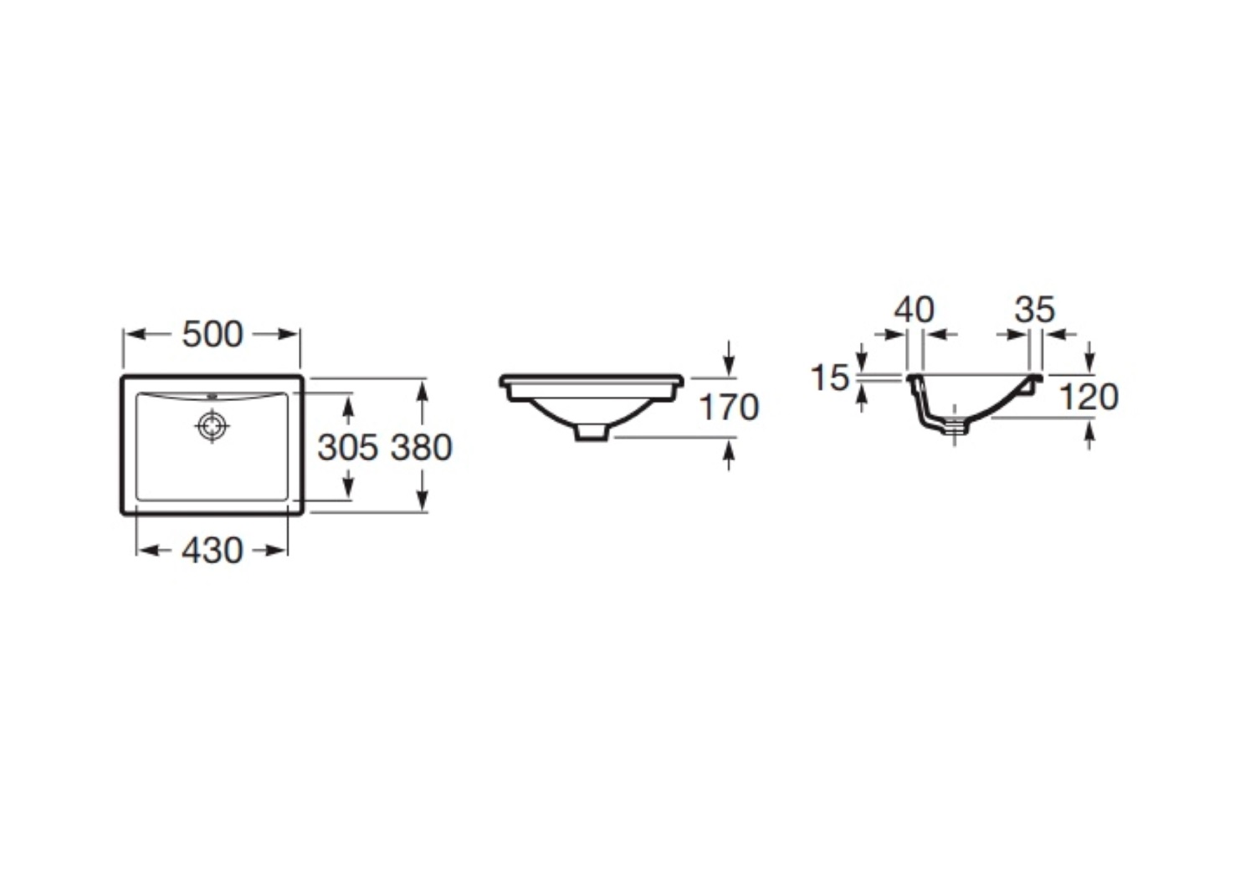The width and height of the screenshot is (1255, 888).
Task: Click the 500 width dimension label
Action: coord(213,335)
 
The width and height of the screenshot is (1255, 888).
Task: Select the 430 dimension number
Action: coord(213,551)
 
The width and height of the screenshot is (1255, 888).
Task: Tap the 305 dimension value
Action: coord(348,448)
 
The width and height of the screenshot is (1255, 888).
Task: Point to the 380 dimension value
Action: coord(422,448)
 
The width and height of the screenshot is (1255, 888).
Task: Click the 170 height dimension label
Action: coord(730,408)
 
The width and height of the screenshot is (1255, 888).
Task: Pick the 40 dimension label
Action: coord(914,310)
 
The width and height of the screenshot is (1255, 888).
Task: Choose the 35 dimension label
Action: coord(1035,310)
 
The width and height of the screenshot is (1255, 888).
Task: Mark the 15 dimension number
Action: coord(830,377)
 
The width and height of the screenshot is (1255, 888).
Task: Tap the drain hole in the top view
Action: coord(213,427)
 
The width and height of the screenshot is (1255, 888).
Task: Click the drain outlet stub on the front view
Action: coord(592,432)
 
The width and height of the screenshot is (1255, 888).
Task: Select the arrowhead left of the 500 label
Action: coord(136,335)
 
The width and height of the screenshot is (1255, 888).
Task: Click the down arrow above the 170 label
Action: coord(729,364)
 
